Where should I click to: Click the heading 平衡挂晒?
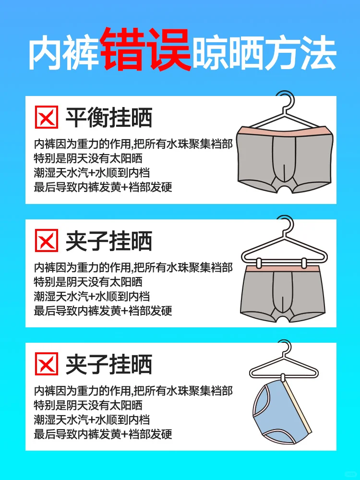point(108,118)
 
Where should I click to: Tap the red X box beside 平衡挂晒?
point(47,118)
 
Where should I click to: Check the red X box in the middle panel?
point(47,241)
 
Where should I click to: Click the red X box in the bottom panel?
point(47,364)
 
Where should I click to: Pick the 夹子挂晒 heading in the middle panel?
point(108,241)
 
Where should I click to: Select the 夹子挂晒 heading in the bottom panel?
point(108,364)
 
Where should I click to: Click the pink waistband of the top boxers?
point(287,131)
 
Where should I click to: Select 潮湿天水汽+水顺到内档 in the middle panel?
point(92,296)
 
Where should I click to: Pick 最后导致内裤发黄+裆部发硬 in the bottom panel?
point(103,434)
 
